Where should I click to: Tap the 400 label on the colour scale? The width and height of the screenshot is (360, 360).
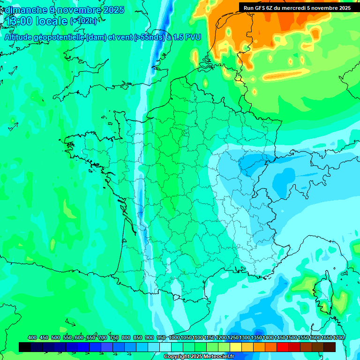point(32,338)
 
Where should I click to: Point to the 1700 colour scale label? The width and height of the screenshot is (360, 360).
point(338,338)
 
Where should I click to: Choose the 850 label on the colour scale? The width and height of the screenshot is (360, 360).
point(138,338)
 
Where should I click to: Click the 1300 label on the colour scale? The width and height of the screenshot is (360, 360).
point(244,338)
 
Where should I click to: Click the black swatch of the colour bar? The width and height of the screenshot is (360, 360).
point(25,347)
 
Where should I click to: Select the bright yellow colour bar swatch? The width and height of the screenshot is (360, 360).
point(236,347)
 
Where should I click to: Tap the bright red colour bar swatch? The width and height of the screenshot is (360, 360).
point(283,347)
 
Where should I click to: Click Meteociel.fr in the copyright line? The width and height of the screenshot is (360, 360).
point(220,357)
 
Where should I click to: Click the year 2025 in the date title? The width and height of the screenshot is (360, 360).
point(113,10)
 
